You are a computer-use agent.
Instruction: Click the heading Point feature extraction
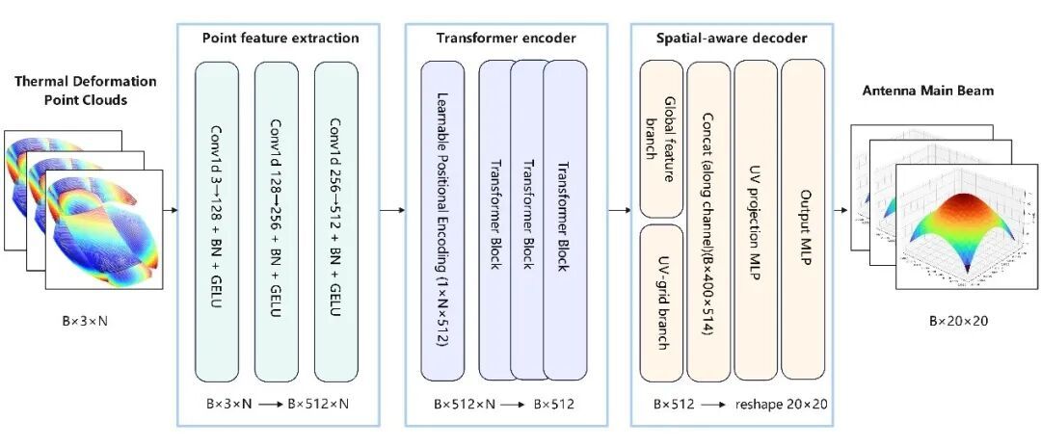[280, 39]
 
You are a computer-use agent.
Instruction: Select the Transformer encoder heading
[506, 39]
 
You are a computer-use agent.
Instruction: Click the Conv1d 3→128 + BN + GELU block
[218, 222]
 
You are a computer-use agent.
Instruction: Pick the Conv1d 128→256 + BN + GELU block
[277, 222]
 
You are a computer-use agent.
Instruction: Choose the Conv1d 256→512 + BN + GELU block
[336, 222]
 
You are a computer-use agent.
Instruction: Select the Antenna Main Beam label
[926, 92]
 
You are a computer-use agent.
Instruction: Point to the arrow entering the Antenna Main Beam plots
[840, 209]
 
